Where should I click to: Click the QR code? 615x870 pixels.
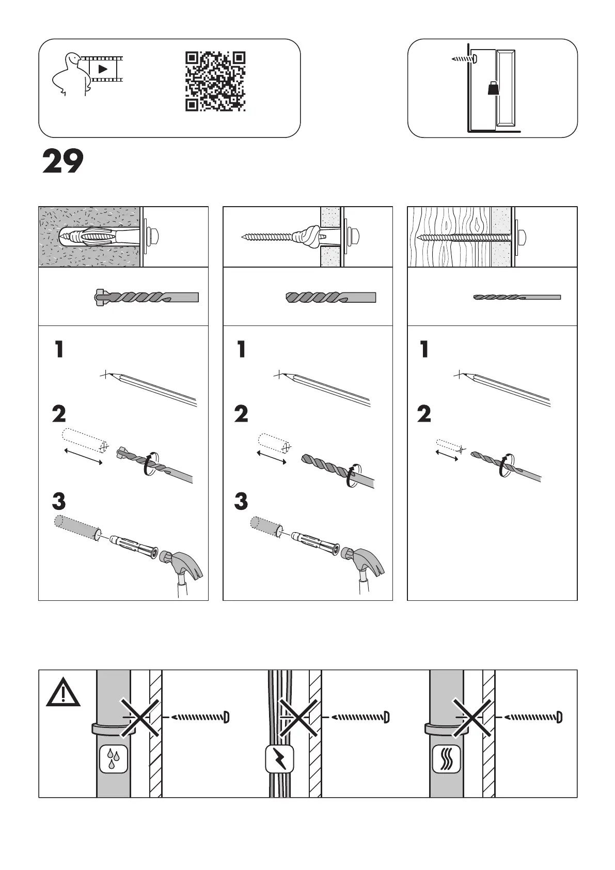215,81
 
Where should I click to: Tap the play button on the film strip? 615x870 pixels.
103,68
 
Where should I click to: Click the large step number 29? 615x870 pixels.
62,161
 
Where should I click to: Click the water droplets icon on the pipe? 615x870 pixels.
113,759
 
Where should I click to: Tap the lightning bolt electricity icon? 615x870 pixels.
279,759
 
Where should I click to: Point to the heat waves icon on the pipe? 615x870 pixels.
446,759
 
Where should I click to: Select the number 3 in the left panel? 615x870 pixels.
59,501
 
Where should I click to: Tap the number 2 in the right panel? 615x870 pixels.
424,414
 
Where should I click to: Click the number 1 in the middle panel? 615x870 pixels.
241,350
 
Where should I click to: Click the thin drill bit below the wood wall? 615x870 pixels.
516,297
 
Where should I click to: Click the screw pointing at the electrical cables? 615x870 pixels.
360,717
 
